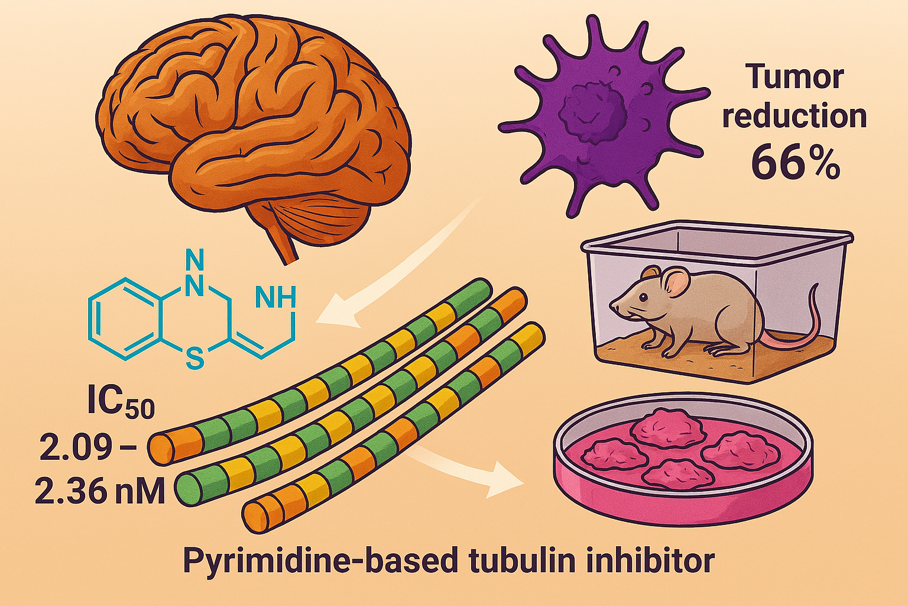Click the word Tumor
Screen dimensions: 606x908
794,77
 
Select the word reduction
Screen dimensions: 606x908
794,117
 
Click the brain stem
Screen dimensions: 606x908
284,243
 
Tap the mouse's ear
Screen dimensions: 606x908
676,281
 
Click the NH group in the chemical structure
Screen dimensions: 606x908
275,296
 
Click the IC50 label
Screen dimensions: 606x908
120,404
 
